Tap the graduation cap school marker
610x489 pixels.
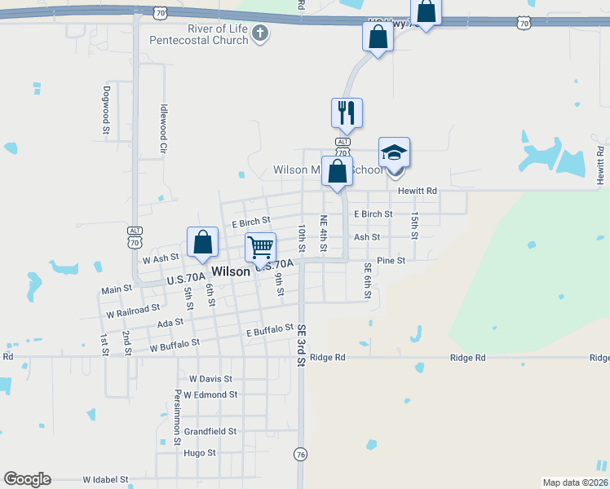point(394,153)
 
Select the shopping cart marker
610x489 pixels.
point(260,246)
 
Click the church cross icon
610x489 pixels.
point(259,33)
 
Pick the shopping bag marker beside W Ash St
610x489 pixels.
point(202,242)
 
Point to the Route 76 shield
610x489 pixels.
point(301,454)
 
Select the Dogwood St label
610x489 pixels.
point(106,109)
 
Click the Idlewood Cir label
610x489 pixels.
point(164,129)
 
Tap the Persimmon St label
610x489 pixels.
point(177,416)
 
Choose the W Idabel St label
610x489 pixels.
point(106,481)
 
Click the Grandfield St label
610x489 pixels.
point(210,431)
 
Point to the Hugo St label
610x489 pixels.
point(200,452)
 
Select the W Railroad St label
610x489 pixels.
point(133,311)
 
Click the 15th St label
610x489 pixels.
point(414,225)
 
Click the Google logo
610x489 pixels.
point(27,479)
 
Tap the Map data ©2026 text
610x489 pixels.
point(575,482)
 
